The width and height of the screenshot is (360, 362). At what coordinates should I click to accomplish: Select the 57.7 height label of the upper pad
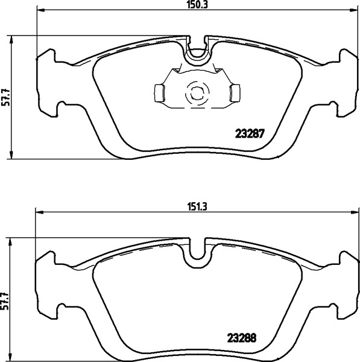5,97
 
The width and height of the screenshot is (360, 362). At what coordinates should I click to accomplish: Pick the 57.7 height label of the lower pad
5,302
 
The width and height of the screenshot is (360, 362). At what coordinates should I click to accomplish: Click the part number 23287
249,134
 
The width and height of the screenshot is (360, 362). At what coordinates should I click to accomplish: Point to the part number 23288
242,338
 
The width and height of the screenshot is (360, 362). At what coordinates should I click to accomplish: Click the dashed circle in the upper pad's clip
197,94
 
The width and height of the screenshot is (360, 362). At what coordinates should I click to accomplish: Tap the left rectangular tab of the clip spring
159,93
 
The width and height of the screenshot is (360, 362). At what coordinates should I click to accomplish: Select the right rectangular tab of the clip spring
235,93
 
